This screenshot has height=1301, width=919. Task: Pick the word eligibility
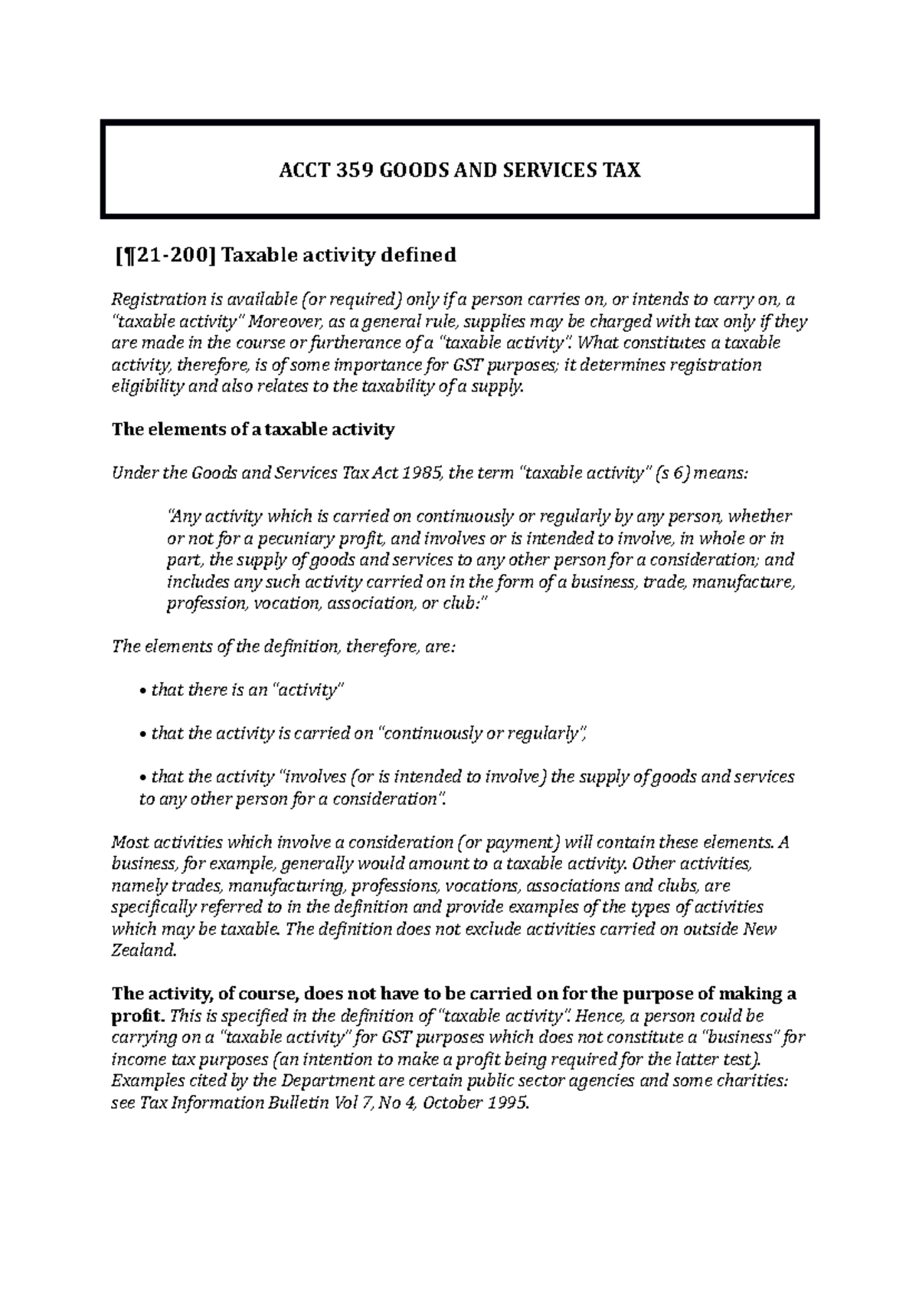coord(148,386)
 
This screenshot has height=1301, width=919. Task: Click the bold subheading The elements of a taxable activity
coord(253,429)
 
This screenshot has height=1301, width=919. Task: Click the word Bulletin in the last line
coord(309,1103)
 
